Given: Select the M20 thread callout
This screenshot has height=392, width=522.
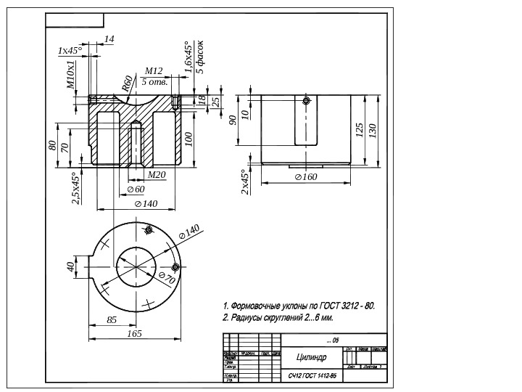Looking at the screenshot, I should click(x=157, y=175).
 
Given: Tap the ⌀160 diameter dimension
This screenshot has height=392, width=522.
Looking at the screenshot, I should click(x=306, y=177).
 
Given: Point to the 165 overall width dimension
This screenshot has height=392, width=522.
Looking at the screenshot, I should click(x=134, y=333).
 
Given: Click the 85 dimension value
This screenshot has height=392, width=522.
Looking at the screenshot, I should click(x=112, y=319).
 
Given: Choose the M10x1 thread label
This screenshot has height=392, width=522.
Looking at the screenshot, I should click(x=71, y=74).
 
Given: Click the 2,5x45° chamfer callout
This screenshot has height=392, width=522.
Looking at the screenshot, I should click(x=75, y=188).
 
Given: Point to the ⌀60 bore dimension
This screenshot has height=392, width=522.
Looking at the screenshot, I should click(x=136, y=189).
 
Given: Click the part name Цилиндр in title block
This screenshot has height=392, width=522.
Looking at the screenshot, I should click(x=311, y=358).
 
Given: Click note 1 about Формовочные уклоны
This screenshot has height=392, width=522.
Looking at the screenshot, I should click(x=299, y=306).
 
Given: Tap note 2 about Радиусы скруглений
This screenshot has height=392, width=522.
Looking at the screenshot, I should click(x=278, y=318).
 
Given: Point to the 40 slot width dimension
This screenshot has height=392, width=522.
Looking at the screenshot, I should click(x=72, y=266).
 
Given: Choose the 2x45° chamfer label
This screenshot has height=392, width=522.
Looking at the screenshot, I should click(x=244, y=182).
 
